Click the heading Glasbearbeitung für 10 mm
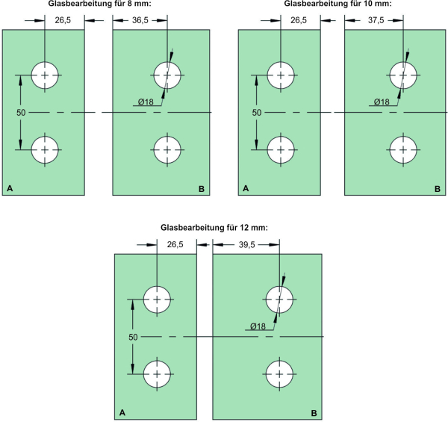tap(337, 4)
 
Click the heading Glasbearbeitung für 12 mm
tap(214, 227)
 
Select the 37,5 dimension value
tap(376, 20)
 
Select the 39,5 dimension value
tap(246, 244)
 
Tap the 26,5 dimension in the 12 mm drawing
tap(176, 244)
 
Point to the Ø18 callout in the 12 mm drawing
tap(258, 326)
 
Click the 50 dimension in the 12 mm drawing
tap(133, 337)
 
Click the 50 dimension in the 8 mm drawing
tap(21, 112)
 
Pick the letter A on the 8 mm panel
tap(10, 189)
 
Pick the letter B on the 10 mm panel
tap(438, 189)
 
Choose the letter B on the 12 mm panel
tap(314, 412)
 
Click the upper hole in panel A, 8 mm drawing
tap(46, 75)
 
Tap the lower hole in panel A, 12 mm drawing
tap(158, 373)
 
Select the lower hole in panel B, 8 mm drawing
tap(168, 149)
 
